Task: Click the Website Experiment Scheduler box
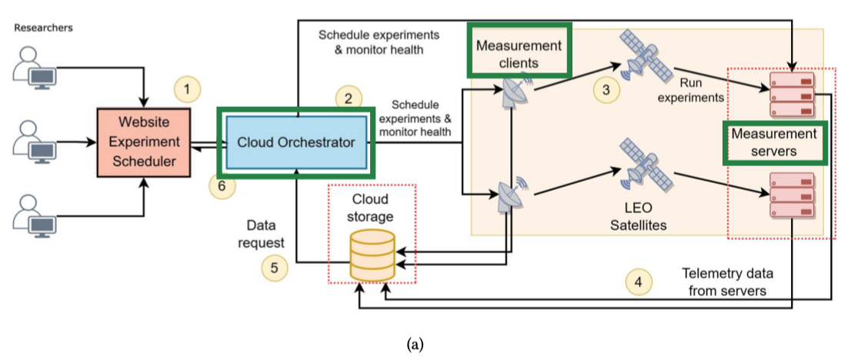click(142, 142)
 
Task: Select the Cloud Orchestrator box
click(296, 142)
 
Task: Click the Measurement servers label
click(774, 142)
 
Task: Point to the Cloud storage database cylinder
click(372, 254)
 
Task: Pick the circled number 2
click(348, 98)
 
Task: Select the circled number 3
click(606, 89)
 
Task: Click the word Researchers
click(43, 28)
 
